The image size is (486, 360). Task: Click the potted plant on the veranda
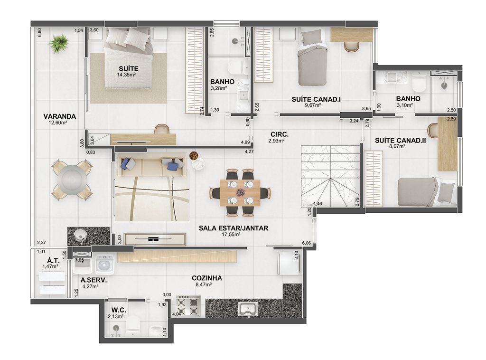click(x=58, y=43)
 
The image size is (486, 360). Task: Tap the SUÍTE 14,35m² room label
click(x=128, y=71)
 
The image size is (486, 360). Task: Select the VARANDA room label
click(x=59, y=116)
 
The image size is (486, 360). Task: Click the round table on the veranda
click(x=72, y=180)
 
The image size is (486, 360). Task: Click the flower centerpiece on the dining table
click(x=240, y=192)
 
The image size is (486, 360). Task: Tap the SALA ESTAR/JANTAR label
click(x=234, y=228)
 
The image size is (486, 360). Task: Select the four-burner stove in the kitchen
click(x=187, y=306)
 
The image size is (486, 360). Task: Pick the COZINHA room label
click(x=207, y=278)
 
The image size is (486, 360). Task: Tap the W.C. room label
click(x=119, y=310)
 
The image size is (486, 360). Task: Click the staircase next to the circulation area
click(x=330, y=176)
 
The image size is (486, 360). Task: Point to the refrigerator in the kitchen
click(x=288, y=264)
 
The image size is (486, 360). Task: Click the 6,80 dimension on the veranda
click(x=39, y=33)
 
